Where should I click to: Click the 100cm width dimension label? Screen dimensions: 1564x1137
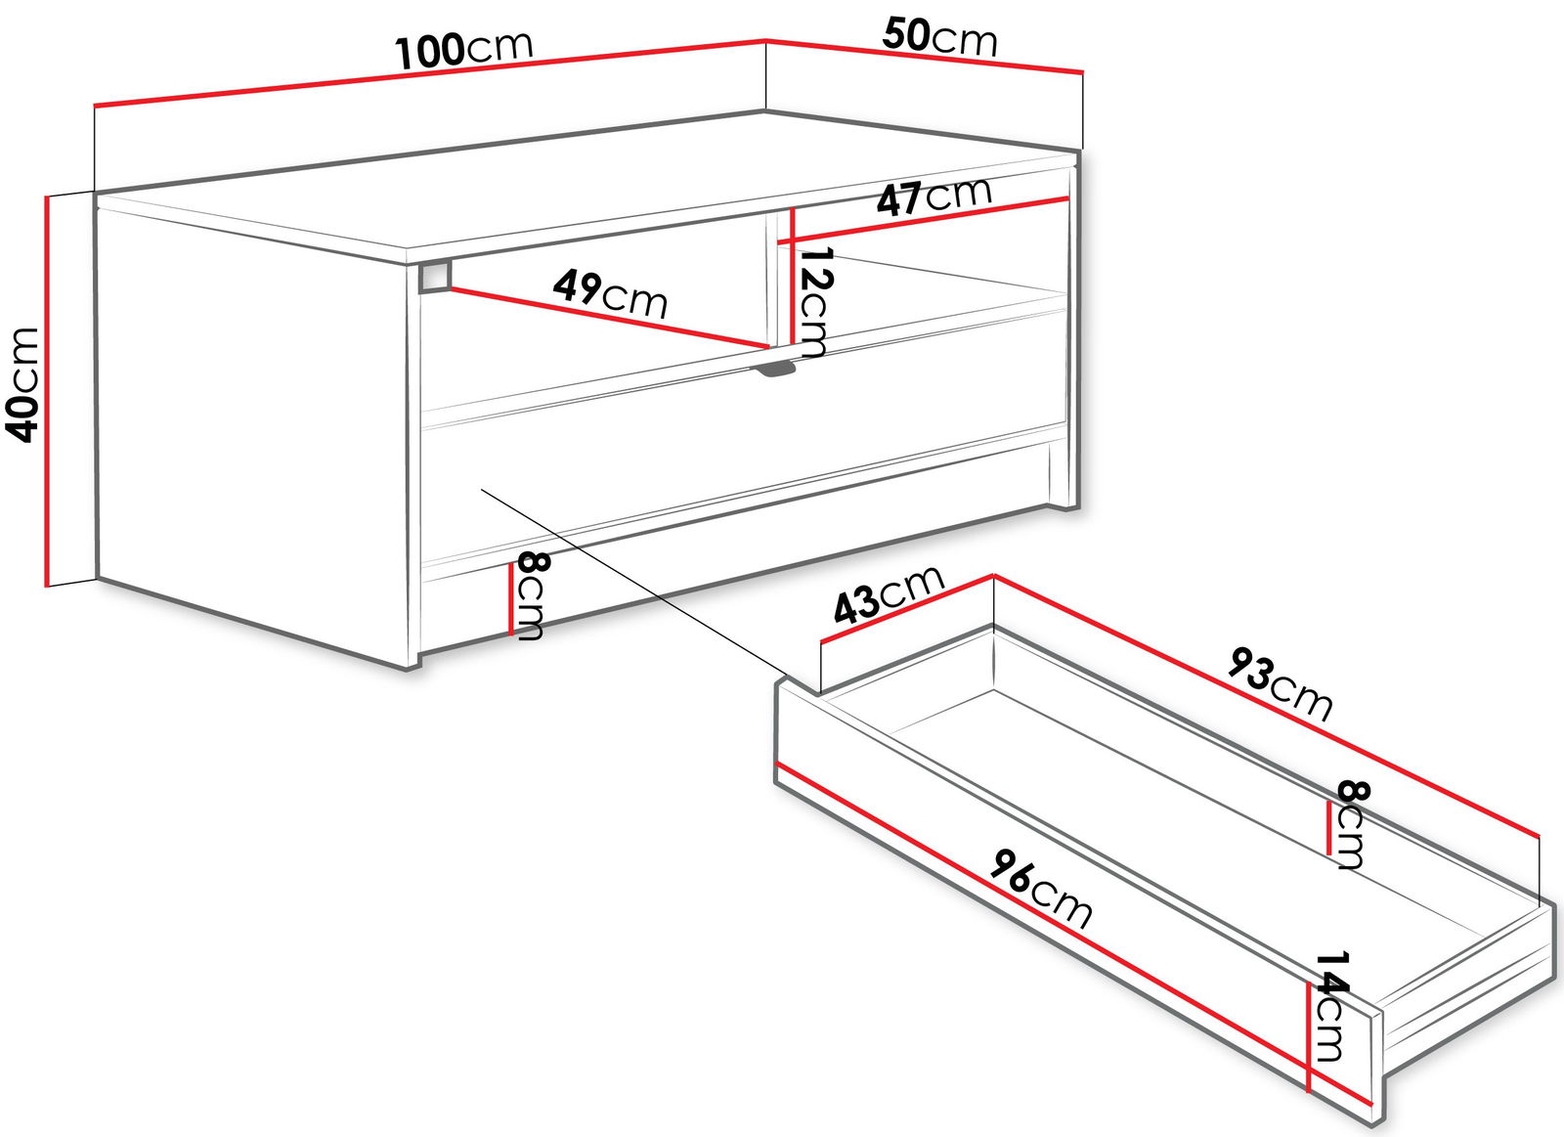coord(464,50)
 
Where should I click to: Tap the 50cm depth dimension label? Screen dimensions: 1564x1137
coord(939,38)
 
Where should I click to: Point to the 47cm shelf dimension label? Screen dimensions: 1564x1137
coord(934,197)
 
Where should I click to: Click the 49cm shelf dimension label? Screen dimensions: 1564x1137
coord(610,294)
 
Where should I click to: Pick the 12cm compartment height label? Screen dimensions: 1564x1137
coord(813,303)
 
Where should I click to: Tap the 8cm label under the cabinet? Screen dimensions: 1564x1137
coord(529,595)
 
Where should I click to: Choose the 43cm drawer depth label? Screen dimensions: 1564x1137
coord(889,594)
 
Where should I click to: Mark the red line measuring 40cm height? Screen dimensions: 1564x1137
coord(48,391)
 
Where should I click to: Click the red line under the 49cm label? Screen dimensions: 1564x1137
coord(607,318)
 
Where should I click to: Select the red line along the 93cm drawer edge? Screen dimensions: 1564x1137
coord(1267,706)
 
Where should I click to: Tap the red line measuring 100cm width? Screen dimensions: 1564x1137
coord(429,73)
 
